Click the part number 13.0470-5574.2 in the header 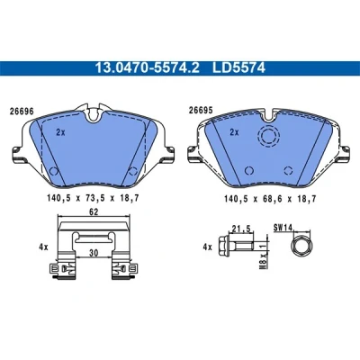coord(147,68)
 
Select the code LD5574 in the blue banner coord(238,68)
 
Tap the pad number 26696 coord(22,112)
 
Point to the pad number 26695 coord(201,111)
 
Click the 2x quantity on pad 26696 coord(60,132)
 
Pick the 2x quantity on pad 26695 coord(234,132)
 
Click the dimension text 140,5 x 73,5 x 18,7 coord(93,198)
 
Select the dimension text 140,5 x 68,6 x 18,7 coord(270,199)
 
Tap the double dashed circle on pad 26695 coord(269,137)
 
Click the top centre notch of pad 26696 coord(94,114)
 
